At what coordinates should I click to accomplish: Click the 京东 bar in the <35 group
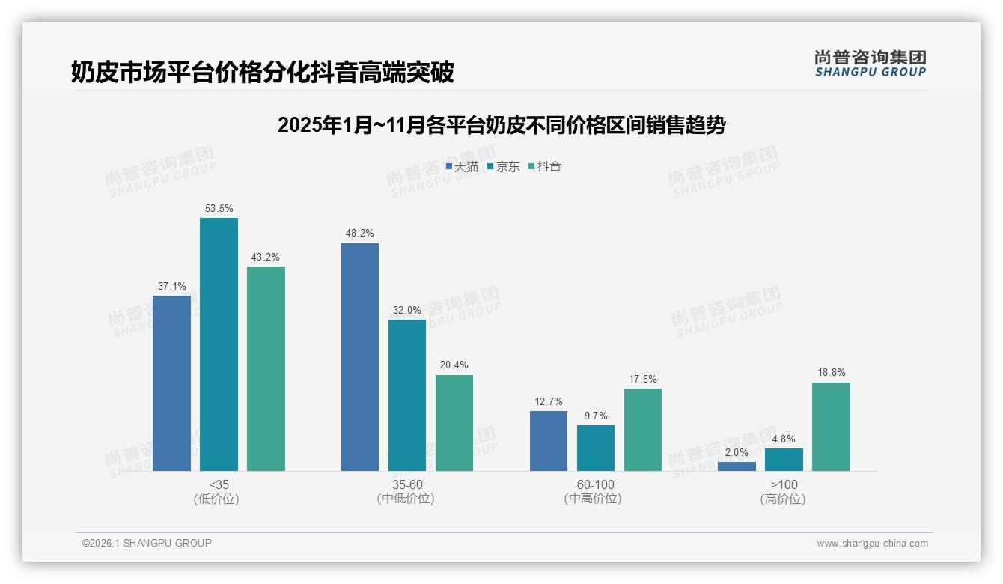219,344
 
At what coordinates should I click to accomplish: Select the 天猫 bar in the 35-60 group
360,357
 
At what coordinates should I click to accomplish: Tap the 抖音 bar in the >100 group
831,427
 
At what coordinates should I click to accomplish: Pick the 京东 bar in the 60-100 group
596,448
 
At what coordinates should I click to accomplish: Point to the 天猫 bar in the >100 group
737,466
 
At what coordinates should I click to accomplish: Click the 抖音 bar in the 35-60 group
454,423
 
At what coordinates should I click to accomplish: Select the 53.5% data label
219,208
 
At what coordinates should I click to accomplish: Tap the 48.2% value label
360,234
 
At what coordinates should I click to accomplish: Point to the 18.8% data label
831,373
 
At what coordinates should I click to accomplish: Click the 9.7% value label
596,416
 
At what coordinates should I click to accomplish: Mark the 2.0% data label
737,452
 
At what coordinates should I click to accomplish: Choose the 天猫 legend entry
462,166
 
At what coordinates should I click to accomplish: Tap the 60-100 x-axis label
596,484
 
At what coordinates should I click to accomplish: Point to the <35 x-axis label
219,484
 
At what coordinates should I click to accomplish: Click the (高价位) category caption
784,499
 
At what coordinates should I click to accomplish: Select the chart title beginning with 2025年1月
501,125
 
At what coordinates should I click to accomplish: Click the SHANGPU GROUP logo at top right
871,64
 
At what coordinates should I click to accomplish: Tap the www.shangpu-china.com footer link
872,544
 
